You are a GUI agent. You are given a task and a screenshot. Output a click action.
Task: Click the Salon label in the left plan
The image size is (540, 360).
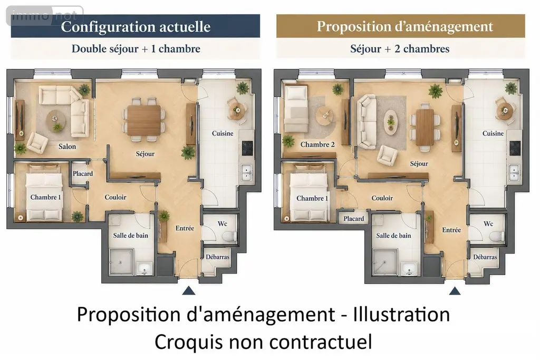tap(67, 147)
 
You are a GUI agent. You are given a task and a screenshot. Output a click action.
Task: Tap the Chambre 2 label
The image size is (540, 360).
tap(317, 144)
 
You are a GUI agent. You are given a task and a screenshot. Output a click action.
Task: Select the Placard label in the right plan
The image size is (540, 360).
tap(354, 219)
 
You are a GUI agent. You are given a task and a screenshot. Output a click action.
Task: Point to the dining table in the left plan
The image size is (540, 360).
tap(144, 120)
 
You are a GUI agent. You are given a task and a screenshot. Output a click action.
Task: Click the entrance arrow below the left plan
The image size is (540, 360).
tap(189, 291)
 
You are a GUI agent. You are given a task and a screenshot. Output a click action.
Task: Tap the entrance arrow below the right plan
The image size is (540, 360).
tap(455, 291)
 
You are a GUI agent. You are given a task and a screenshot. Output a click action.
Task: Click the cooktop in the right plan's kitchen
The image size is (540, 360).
tap(515, 148)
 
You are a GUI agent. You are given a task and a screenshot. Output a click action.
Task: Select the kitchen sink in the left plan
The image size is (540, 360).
tap(247, 172)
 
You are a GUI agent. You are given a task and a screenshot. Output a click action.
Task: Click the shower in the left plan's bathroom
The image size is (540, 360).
tap(121, 262)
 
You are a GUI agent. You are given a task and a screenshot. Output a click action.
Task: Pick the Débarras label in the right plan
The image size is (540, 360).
tap(485, 257)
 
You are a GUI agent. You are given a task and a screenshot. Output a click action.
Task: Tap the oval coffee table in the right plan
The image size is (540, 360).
tap(391, 122)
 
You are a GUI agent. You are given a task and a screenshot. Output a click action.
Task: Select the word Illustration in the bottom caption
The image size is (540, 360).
tap(401, 314)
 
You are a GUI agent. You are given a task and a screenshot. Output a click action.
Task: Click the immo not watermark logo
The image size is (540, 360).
tap(45, 15)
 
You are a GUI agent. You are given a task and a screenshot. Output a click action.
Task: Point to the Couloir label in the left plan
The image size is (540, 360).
tap(115, 197)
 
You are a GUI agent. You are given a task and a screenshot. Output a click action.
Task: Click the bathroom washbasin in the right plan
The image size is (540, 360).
tap(409, 268)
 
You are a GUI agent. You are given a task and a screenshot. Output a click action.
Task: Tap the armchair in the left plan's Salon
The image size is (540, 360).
tap(37, 143)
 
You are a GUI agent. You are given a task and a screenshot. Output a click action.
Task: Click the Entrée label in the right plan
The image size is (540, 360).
tap(451, 230)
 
